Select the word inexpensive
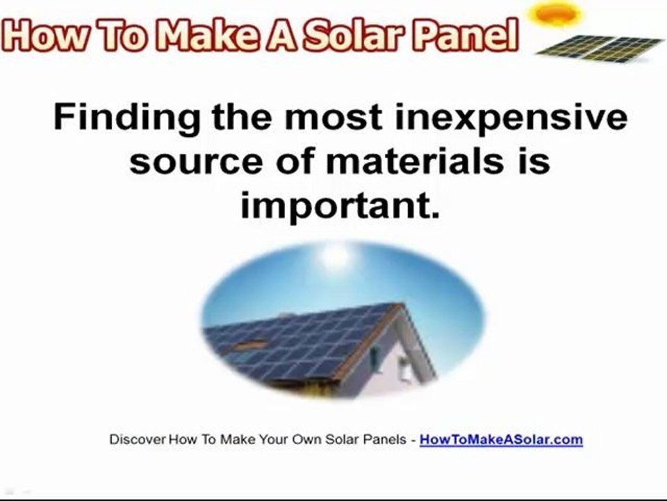pyautogui.click(x=511, y=118)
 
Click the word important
pyautogui.click(x=340, y=206)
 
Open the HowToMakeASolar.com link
pyautogui.click(x=501, y=440)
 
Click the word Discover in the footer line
pyautogui.click(x=138, y=440)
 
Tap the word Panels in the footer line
pyautogui.click(x=388, y=440)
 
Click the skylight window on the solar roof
pyautogui.click(x=250, y=345)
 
